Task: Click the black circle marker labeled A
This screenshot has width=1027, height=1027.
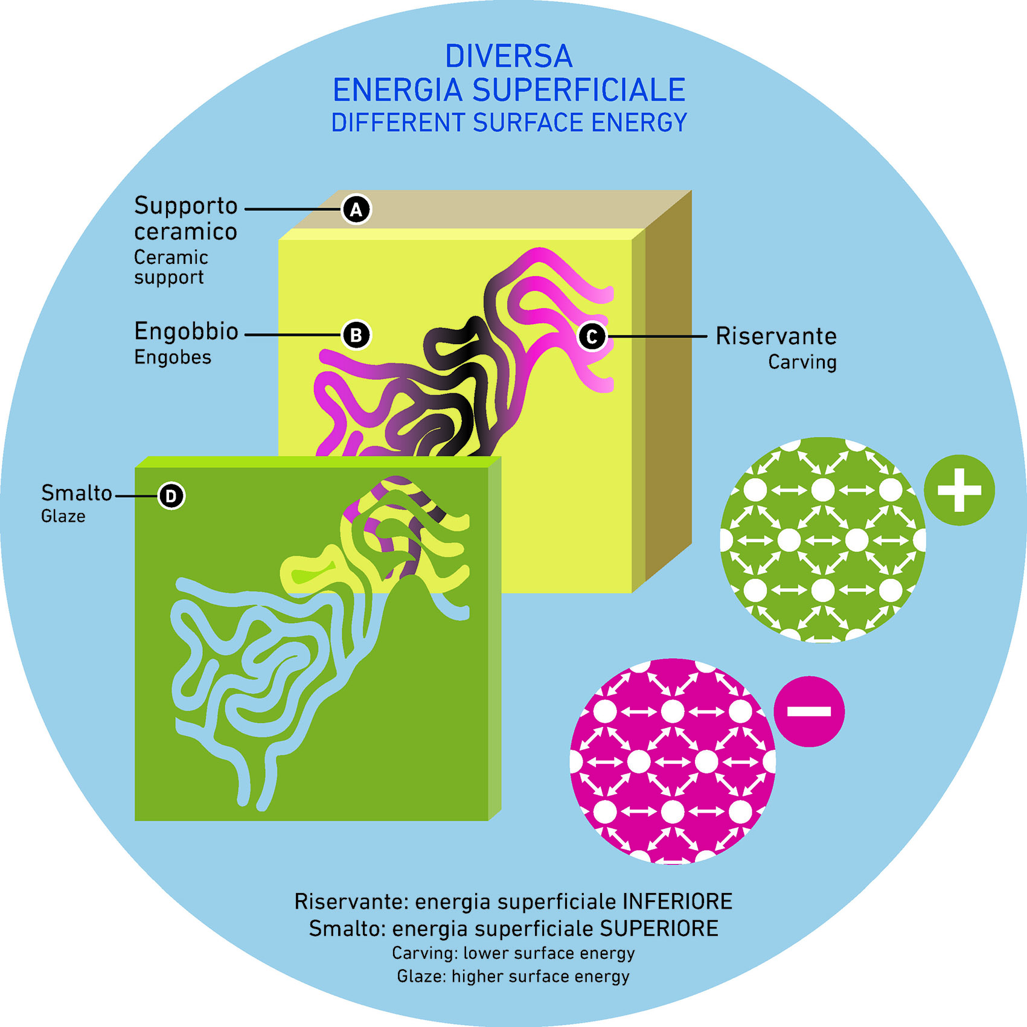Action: (x=356, y=210)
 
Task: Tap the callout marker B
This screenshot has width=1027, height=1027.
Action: (x=356, y=335)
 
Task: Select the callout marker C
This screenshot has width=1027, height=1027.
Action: (x=592, y=336)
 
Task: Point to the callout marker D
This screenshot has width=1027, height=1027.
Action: (x=171, y=496)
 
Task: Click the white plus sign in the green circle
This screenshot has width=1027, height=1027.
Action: (x=959, y=490)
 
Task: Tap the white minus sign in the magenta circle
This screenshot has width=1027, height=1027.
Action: (x=809, y=711)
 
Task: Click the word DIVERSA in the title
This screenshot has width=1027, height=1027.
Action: (x=508, y=57)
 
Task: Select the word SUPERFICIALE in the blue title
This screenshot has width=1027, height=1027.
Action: (x=578, y=91)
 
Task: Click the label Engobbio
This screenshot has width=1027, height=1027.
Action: (x=186, y=331)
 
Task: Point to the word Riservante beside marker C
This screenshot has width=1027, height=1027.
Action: (x=776, y=336)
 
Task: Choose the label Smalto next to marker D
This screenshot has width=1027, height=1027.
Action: (x=76, y=493)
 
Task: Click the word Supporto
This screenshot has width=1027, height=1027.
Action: (x=185, y=206)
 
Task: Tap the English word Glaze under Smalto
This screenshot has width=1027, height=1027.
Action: (x=63, y=516)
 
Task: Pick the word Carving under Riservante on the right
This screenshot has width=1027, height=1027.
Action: (x=802, y=362)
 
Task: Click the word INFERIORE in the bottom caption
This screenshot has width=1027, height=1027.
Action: (x=677, y=901)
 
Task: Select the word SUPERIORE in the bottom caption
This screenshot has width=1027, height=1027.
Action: (x=659, y=929)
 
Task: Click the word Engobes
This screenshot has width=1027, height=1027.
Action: (x=173, y=357)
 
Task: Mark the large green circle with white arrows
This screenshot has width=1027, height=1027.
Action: (x=822, y=540)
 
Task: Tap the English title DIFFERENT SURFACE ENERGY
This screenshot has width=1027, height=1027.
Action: (x=509, y=123)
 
